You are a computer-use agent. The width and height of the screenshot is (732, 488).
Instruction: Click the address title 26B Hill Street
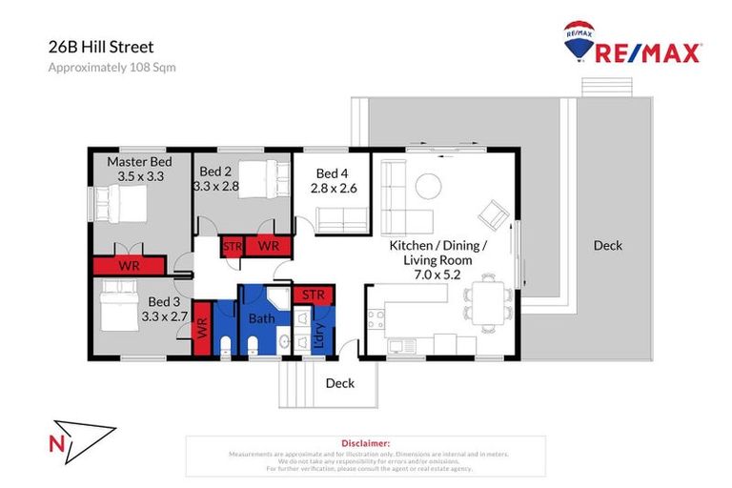tap(101, 46)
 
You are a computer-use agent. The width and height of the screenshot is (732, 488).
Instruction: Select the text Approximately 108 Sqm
tap(112, 67)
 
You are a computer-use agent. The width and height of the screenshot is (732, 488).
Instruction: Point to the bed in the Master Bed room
tap(118, 203)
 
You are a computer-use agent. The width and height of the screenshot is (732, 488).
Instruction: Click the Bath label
tap(262, 318)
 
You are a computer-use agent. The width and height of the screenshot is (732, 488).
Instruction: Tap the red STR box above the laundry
tap(313, 295)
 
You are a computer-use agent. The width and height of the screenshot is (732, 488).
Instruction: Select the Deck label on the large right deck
tap(607, 245)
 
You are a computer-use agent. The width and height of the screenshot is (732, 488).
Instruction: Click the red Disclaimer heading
tap(365, 443)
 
